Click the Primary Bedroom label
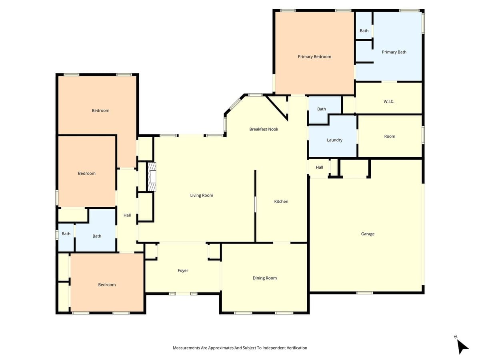click(x=314, y=57)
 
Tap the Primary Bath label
click(x=394, y=52)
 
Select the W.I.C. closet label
click(x=389, y=102)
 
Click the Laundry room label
click(x=334, y=140)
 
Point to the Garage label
click(x=368, y=234)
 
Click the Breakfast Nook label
click(x=264, y=129)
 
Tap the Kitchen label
click(x=281, y=202)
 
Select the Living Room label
click(x=202, y=196)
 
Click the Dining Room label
click(x=264, y=278)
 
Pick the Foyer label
click(x=183, y=271)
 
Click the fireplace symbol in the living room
click(x=152, y=176)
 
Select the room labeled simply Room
click(x=390, y=136)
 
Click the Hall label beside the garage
click(x=319, y=168)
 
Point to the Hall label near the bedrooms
click(x=127, y=215)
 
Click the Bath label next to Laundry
click(x=322, y=109)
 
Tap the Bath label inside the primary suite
click(x=364, y=31)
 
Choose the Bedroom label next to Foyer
click(x=107, y=285)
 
